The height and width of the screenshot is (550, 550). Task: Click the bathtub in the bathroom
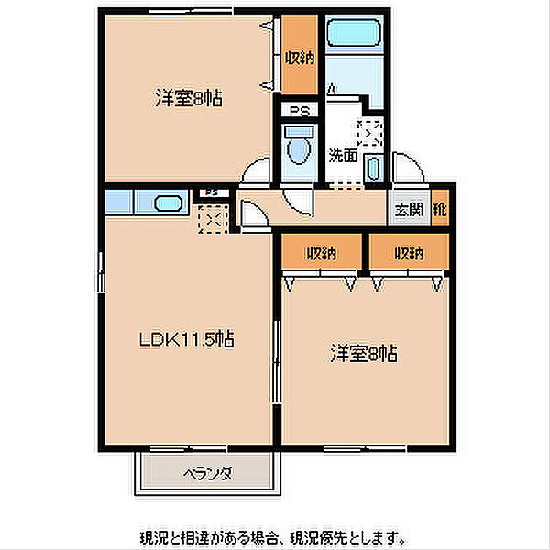tap(354, 33)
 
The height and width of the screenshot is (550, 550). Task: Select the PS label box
tap(300, 111)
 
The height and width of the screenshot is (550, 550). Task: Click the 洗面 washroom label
tap(343, 156)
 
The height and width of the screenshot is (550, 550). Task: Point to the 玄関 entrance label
tap(409, 209)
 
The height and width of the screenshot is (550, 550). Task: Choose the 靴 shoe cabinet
tap(440, 208)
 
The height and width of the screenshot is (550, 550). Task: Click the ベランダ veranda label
tap(208, 474)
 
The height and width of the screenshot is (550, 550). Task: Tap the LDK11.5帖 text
tap(187, 339)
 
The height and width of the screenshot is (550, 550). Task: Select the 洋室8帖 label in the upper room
tap(188, 98)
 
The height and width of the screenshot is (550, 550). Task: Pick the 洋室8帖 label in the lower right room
tap(364, 353)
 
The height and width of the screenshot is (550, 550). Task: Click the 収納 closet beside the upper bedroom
tap(300, 55)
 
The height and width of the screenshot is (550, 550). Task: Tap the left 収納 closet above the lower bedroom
tap(322, 252)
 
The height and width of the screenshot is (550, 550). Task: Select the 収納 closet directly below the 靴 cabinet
tap(410, 252)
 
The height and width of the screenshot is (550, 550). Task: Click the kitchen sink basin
tap(168, 203)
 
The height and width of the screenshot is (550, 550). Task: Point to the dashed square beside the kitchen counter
tap(213, 219)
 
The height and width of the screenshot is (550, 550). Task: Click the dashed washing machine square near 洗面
tap(369, 133)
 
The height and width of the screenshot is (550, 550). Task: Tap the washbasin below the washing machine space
tap(374, 169)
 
